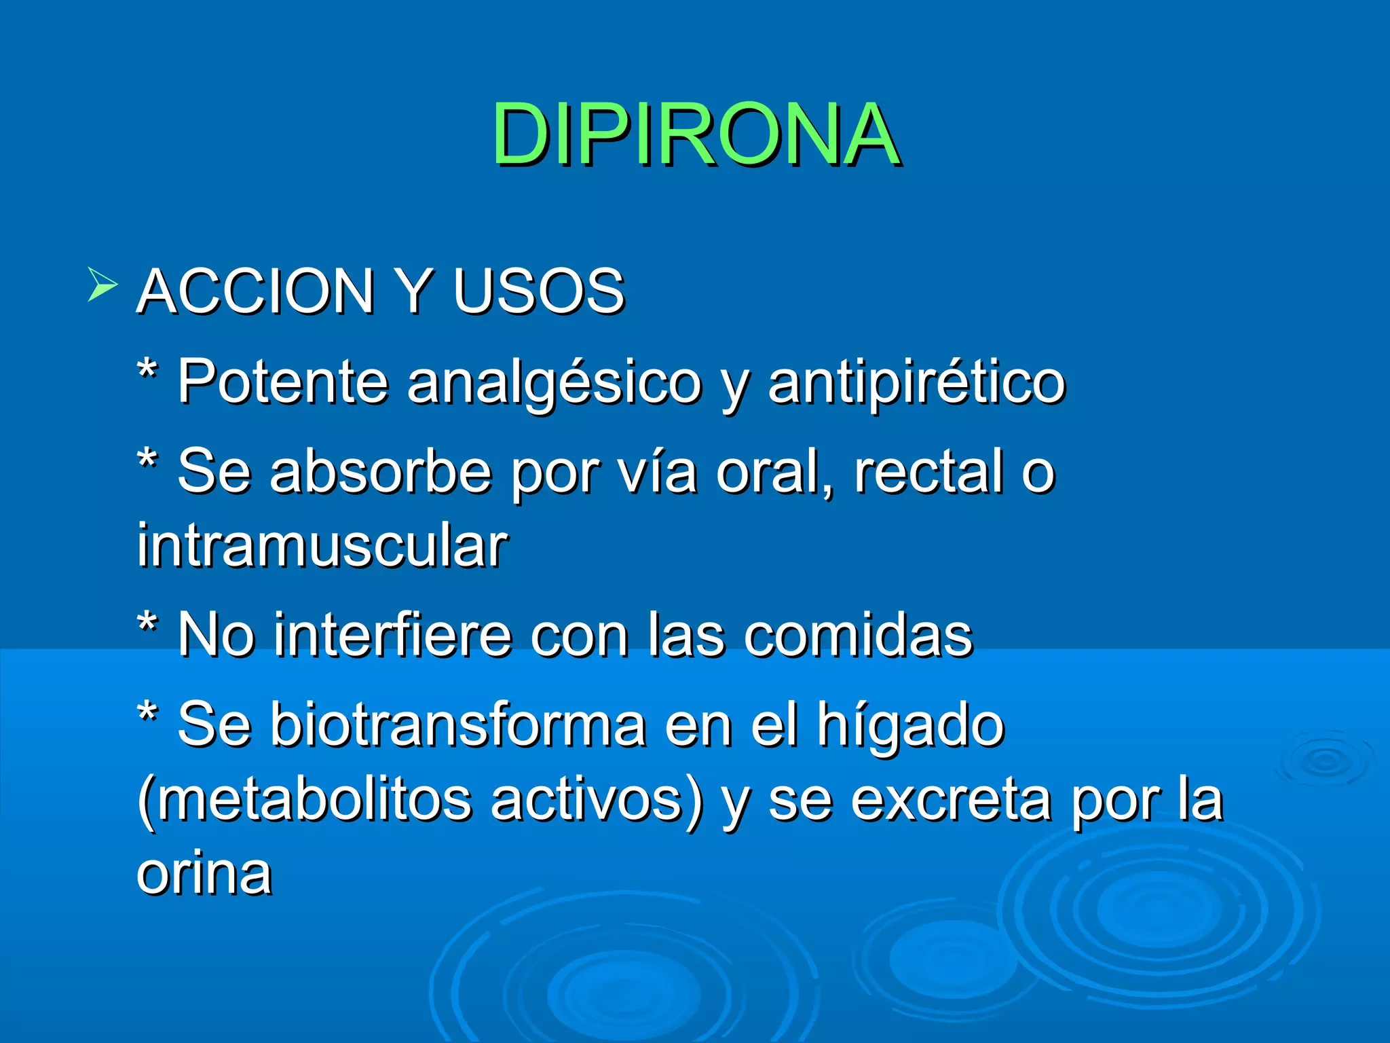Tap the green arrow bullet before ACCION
point(102,284)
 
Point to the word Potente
point(283,382)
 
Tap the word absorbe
point(381,471)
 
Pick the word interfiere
point(393,634)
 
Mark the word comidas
point(859,634)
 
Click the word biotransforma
point(458,725)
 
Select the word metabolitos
point(313,800)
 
